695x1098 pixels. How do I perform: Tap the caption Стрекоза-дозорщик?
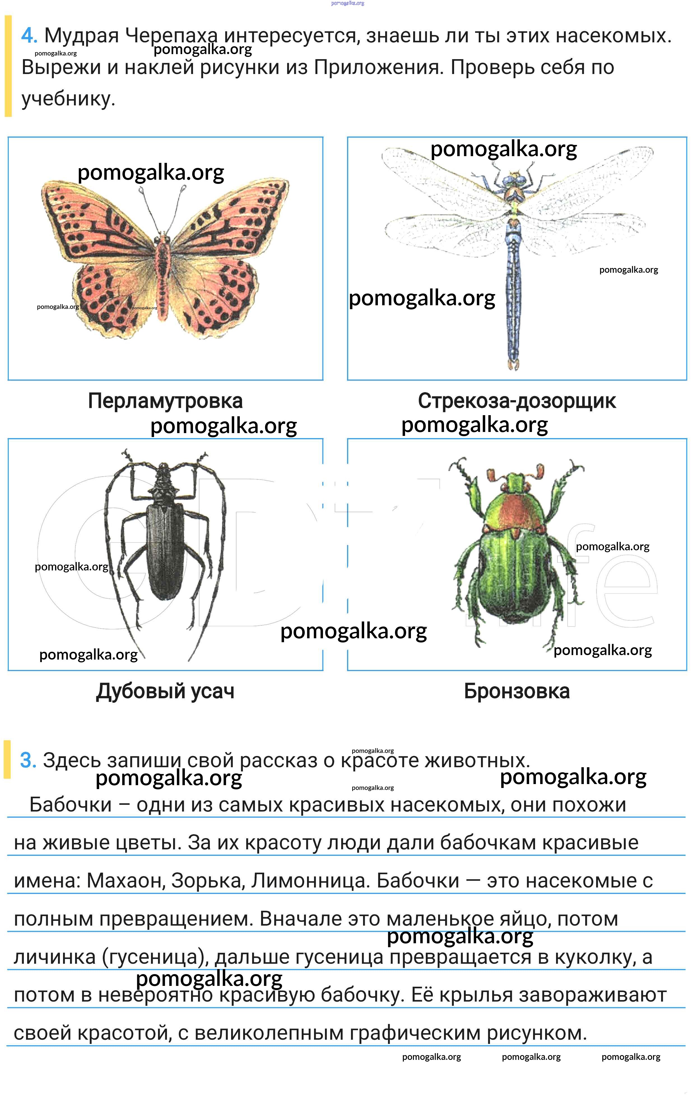pyautogui.click(x=517, y=401)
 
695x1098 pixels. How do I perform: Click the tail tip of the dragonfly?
pyautogui.click(x=513, y=366)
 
